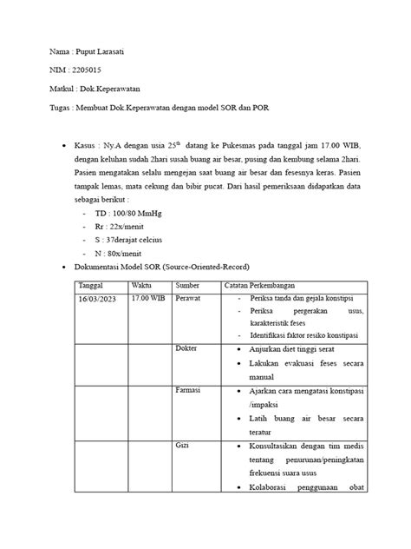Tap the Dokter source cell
point(187,349)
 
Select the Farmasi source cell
point(188,392)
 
